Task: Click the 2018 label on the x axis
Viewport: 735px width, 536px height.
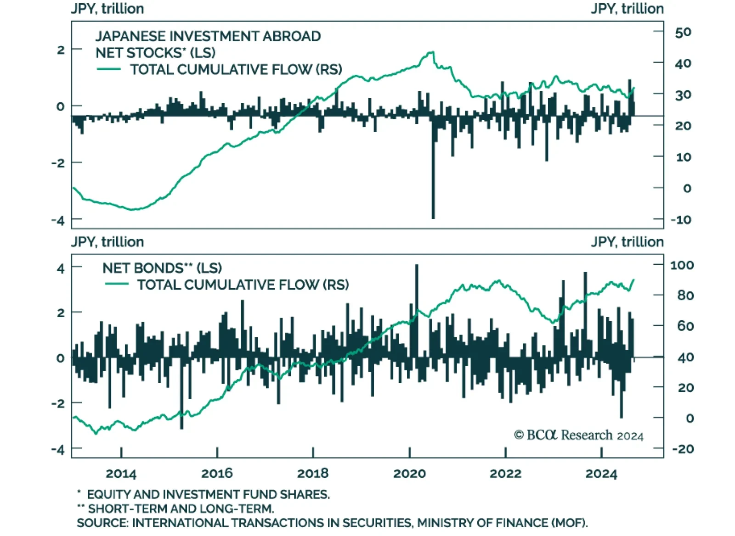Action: click(313, 473)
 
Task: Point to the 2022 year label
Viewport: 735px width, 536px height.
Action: click(505, 473)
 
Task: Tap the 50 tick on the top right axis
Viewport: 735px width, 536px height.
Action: click(683, 32)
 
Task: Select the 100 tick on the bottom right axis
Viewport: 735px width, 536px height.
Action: click(682, 265)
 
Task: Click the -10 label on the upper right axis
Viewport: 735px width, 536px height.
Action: click(681, 219)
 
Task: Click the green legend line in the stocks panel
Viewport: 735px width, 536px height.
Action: click(109, 69)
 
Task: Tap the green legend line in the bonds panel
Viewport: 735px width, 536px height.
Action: click(116, 284)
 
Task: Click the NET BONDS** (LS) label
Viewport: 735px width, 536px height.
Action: click(162, 268)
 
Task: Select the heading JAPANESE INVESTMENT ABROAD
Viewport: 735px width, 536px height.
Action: click(208, 36)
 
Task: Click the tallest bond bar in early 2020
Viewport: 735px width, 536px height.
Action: click(417, 275)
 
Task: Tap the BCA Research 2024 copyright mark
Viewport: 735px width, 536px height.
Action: click(578, 435)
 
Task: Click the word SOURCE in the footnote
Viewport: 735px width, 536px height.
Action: click(102, 523)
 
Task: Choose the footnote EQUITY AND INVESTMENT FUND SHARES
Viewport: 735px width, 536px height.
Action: click(208, 494)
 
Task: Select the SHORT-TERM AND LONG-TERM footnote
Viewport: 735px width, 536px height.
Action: click(181, 508)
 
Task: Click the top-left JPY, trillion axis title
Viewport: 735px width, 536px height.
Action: click(107, 9)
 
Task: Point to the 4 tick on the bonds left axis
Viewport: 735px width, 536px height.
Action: click(61, 268)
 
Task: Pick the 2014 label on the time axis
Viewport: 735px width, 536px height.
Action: click(121, 473)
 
